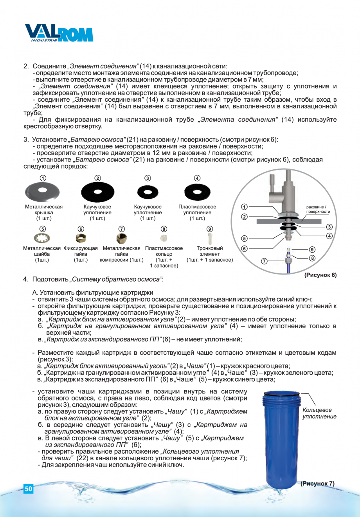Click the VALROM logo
[x=59, y=33]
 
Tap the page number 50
[x=28, y=489]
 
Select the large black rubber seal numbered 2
[x=97, y=192]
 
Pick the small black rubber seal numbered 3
[x=148, y=192]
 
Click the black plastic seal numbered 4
[x=197, y=192]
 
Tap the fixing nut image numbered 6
[x=81, y=238]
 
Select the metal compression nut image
[x=121, y=238]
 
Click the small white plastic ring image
[x=164, y=238]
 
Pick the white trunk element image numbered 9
[x=210, y=238]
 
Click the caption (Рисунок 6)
[x=320, y=275]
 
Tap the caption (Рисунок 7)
[x=317, y=484]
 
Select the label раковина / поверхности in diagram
[x=318, y=209]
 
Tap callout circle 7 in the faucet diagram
[x=264, y=261]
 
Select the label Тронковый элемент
[x=210, y=251]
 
